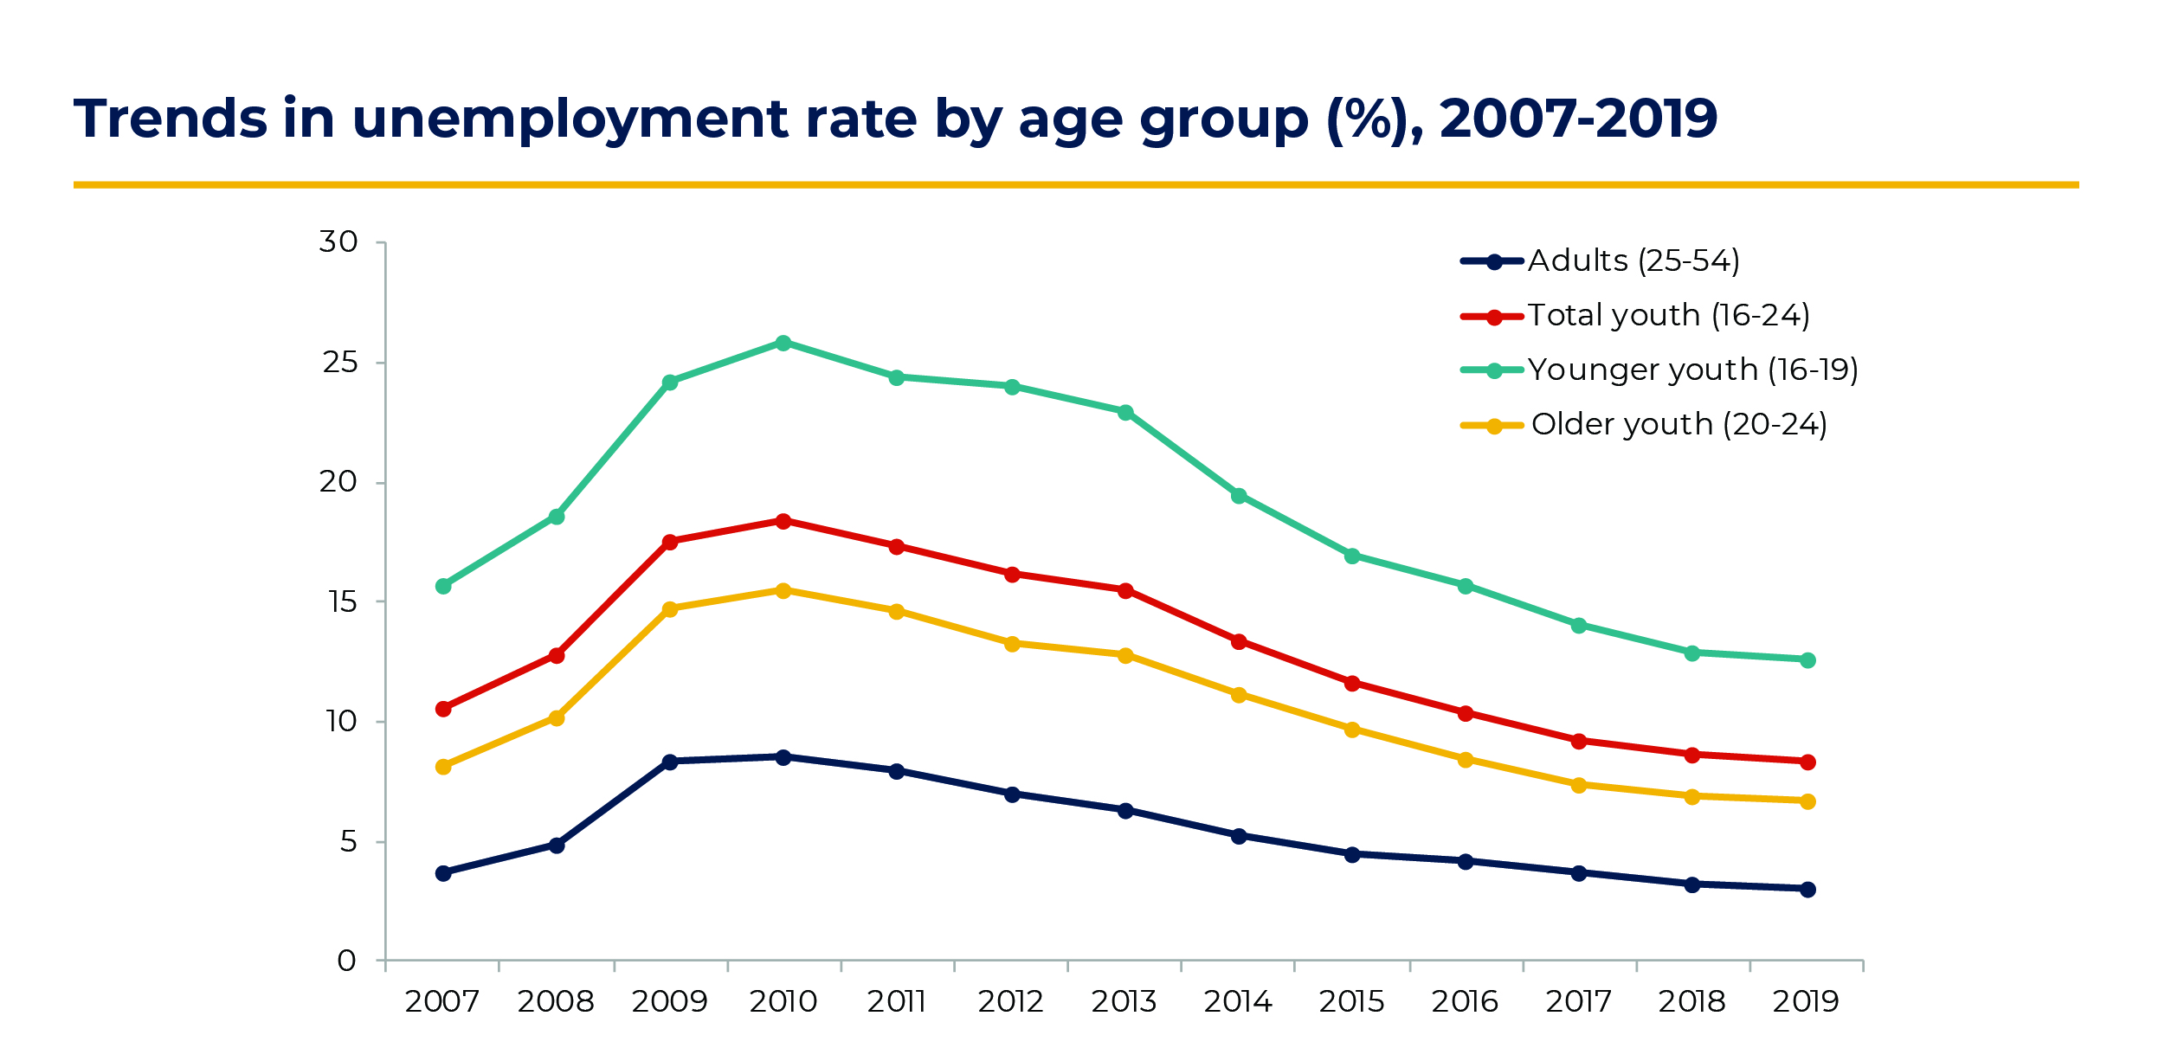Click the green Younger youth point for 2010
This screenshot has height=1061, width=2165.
tap(783, 344)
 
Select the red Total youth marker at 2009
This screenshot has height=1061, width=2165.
tap(669, 543)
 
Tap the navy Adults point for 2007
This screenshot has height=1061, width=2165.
tap(443, 873)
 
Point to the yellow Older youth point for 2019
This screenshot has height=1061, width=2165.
tap(1807, 802)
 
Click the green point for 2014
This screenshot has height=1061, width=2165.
tap(1239, 496)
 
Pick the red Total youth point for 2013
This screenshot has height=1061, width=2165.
tap(1125, 591)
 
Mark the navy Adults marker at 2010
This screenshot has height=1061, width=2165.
tap(783, 757)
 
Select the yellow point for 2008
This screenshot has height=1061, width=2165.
tap(557, 718)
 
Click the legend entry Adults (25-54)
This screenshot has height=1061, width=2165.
tap(1633, 261)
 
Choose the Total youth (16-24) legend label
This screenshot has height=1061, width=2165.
tap(1668, 316)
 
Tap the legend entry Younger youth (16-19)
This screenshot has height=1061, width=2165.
tap(1692, 370)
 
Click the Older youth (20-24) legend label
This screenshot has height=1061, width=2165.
tap(1679, 425)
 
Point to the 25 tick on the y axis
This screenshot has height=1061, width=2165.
tap(340, 363)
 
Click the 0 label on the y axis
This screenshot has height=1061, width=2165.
tap(346, 961)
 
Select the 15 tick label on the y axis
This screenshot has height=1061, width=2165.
tap(343, 602)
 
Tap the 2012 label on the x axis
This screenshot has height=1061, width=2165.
tap(1010, 1002)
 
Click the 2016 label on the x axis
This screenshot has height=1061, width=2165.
tap(1465, 1002)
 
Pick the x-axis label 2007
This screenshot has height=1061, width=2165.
tap(442, 1002)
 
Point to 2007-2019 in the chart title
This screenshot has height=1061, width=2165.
tap(1578, 119)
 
